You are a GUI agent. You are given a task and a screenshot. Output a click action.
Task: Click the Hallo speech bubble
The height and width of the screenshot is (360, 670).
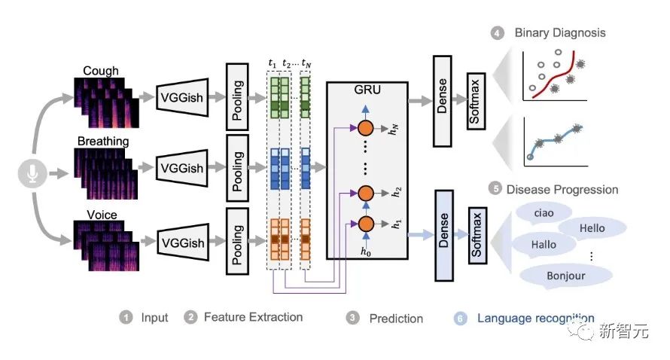coord(544,244)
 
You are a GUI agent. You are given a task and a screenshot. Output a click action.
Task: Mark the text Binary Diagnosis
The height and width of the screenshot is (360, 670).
coord(559,33)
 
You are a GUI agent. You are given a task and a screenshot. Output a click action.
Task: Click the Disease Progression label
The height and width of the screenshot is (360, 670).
coord(562,189)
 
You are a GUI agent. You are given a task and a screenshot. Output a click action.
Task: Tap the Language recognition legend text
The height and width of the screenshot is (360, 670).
coord(535,318)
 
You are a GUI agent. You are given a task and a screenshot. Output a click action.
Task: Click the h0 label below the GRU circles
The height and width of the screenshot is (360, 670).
coord(367,252)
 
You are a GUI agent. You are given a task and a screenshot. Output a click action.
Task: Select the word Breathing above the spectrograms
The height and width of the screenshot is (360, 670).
coord(102,141)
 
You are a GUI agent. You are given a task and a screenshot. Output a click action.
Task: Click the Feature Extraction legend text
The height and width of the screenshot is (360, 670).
coord(253,317)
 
